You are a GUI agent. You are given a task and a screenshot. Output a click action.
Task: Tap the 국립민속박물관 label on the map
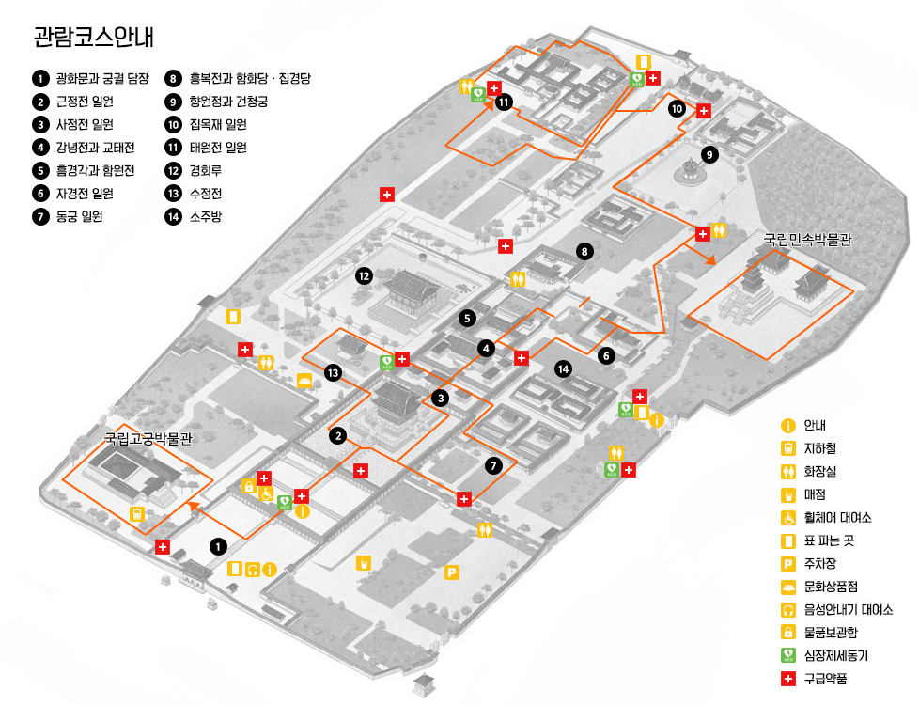(807, 240)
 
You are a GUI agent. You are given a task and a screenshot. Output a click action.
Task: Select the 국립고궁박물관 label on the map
(148, 438)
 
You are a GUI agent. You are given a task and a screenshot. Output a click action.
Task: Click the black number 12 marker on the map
(365, 275)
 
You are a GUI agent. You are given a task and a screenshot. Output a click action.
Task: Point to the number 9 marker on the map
(709, 153)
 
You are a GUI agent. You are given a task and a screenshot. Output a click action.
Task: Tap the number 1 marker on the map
(218, 545)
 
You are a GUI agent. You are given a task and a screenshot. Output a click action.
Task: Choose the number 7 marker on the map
(495, 465)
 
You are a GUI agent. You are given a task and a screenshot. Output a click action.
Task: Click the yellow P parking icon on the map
(452, 572)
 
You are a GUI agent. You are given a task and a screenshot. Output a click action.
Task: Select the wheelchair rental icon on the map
(266, 493)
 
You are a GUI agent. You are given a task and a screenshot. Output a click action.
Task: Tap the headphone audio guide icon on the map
(252, 569)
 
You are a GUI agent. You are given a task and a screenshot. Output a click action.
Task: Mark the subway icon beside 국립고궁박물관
(137, 513)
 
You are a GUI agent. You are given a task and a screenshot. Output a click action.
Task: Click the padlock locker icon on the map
(249, 486)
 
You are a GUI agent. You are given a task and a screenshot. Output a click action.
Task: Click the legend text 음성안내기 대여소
(848, 609)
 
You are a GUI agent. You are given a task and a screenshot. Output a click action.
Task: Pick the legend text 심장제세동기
(833, 655)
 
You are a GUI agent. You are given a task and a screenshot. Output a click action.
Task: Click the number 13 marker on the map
(332, 373)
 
